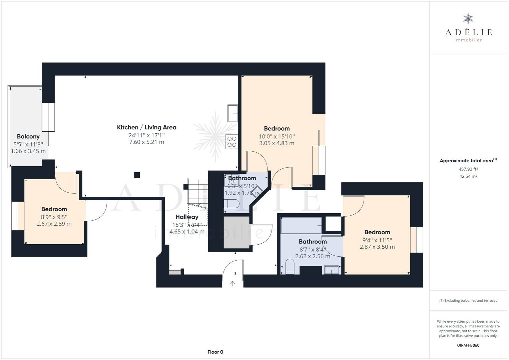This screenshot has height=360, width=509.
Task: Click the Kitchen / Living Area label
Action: tap(146, 127)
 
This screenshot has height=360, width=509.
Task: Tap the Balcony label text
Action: tap(28, 137)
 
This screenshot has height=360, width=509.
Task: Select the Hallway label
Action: tap(187, 217)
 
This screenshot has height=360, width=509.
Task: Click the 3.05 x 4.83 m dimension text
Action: tap(277, 143)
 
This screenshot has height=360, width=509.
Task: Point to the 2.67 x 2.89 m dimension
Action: tap(54, 224)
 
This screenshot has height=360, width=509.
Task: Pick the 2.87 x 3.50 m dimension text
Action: tap(377, 247)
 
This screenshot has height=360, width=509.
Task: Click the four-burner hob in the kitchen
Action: tap(232, 142)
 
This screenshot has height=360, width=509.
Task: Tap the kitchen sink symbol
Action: tap(233, 113)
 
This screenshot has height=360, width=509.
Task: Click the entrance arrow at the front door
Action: tap(233, 283)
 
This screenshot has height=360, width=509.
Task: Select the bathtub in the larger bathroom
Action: tap(301, 225)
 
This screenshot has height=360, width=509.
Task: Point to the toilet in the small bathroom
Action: tap(231, 204)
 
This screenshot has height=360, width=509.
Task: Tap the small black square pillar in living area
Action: tap(137, 175)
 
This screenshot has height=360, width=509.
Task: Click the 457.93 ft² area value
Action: tap(468, 169)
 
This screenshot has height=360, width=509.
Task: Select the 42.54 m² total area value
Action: tap(468, 176)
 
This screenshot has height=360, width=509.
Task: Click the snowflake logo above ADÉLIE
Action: tap(468, 19)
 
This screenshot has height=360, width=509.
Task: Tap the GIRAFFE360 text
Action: tap(468, 345)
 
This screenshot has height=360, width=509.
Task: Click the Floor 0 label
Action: tap(215, 352)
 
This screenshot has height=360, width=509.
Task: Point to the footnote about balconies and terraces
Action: tap(468, 300)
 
